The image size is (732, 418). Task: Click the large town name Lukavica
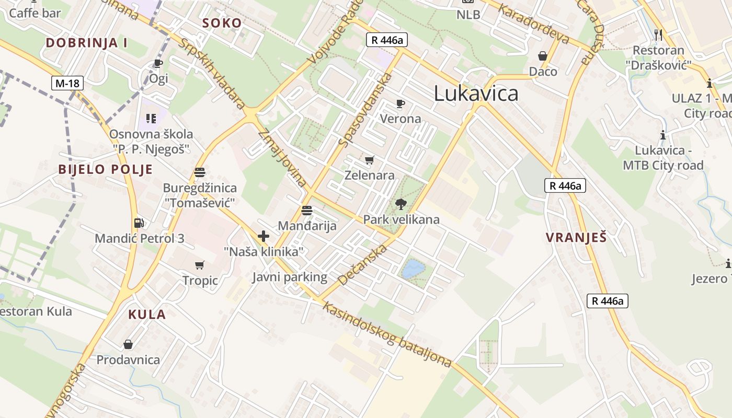click(476, 94)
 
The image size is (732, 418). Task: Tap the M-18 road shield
click(67, 83)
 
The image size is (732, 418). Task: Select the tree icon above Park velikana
click(401, 204)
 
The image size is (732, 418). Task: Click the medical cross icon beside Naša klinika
click(264, 236)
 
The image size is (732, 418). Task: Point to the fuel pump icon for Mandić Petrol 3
click(139, 223)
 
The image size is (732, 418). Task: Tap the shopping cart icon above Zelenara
click(370, 160)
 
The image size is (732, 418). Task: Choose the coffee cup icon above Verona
click(400, 103)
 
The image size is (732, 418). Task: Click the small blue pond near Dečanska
click(413, 269)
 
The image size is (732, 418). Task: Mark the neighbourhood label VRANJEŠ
click(576, 238)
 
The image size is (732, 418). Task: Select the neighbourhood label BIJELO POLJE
click(106, 169)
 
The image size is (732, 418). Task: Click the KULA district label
click(147, 315)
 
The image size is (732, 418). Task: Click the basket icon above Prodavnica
click(128, 344)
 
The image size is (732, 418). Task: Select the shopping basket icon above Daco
click(543, 56)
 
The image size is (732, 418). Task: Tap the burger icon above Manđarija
click(307, 211)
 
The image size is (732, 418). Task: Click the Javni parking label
click(290, 277)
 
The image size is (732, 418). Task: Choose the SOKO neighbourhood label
click(222, 23)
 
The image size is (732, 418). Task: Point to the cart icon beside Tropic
click(199, 265)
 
